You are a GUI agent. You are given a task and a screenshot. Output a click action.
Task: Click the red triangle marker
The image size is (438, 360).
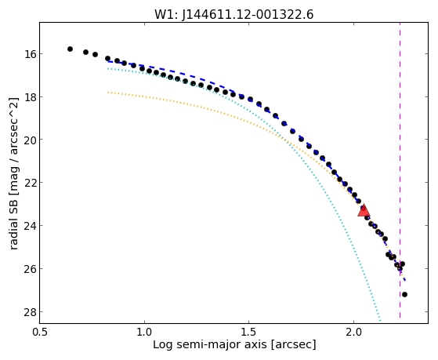364,211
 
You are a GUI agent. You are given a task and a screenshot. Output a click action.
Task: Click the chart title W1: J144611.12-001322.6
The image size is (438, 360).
234,15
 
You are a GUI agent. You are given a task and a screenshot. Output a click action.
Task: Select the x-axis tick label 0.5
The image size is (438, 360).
40,332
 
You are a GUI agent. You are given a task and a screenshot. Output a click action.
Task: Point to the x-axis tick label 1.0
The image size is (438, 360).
144,332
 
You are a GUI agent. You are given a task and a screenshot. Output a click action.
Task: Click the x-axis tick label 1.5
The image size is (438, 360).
249,332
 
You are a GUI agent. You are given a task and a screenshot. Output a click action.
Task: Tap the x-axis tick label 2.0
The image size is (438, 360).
353,332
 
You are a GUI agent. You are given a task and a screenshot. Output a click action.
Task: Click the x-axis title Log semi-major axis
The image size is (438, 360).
210,345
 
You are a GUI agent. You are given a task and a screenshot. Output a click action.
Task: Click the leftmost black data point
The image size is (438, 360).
70,49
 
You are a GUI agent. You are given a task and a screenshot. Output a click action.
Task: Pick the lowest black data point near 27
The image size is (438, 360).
404,294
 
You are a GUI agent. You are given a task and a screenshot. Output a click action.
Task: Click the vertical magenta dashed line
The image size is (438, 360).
400,170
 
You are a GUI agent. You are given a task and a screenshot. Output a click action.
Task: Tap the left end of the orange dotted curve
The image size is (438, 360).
108,92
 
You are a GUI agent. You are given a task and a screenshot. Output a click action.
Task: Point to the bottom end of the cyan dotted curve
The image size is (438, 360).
380,320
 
